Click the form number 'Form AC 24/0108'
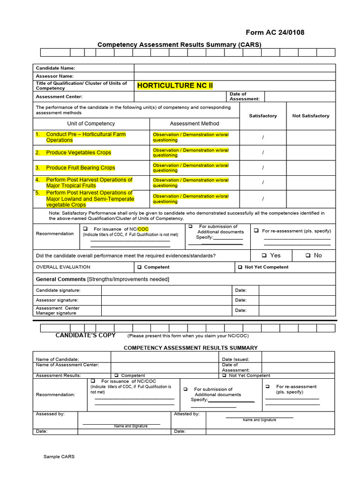275,32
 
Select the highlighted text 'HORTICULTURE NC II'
175,85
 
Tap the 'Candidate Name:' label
55,68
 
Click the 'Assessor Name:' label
55,76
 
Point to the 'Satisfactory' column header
262,116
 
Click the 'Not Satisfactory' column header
310,116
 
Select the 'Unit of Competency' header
91,124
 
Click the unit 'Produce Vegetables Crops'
78,153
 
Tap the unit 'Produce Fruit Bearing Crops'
80,168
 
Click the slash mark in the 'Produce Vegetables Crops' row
263,153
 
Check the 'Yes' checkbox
264,255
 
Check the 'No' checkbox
308,255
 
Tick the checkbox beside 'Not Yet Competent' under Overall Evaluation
240,267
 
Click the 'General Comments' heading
61,279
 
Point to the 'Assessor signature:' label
57,300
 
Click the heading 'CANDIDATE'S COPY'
85,335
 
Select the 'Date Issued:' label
235,359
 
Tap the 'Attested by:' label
187,414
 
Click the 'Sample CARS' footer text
59,457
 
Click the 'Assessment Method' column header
194,124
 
